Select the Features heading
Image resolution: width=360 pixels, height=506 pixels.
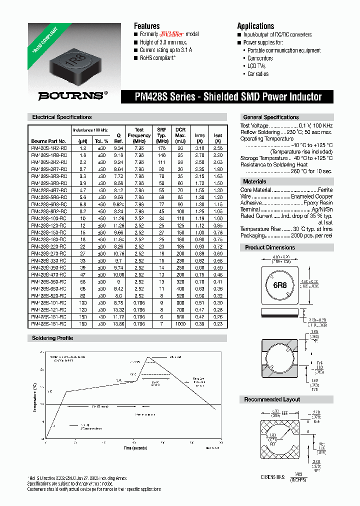click(146, 26)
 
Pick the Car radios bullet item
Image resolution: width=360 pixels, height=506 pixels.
click(258, 74)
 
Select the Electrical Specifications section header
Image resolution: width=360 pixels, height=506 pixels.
click(62, 117)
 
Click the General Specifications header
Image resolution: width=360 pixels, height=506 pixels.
click(270, 117)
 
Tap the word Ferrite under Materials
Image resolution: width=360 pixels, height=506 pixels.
click(325, 190)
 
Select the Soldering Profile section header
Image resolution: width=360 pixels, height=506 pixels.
click(52, 338)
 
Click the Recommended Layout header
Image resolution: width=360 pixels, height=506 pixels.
click(272, 399)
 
